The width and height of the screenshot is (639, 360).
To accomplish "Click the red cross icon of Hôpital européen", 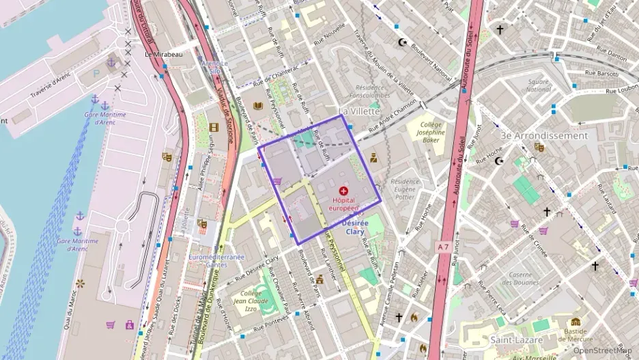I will (x=343, y=191).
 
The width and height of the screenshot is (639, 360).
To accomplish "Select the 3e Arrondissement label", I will (x=543, y=135).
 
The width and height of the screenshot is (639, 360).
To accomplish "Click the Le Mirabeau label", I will (x=164, y=54).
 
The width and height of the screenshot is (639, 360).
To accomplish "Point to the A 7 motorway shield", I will (x=444, y=246).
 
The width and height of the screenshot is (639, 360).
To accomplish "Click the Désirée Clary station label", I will (x=355, y=227).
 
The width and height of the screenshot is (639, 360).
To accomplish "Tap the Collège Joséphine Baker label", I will (x=431, y=131).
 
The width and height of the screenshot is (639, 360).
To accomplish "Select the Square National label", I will (x=539, y=85).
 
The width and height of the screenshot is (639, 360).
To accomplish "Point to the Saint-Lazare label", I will (x=517, y=339).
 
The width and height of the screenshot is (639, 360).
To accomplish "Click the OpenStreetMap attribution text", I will (x=602, y=350).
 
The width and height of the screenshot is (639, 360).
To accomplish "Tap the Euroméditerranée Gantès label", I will (x=217, y=260).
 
